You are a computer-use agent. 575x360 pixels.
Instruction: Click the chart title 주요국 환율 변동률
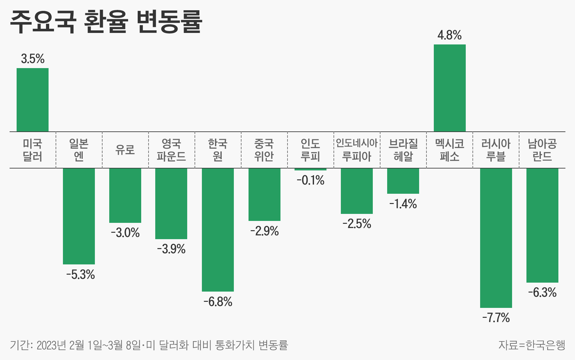[106, 22]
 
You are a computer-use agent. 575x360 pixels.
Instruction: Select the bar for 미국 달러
[33, 100]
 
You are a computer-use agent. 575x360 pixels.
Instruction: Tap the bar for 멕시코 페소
[449, 88]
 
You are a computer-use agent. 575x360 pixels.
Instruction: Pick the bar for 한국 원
[218, 230]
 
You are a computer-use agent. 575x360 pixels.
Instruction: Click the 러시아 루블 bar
[496, 238]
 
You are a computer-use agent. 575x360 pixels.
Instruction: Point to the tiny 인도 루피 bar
[310, 169]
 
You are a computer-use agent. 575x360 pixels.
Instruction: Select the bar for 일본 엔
[79, 216]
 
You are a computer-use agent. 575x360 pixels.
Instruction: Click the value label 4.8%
[449, 35]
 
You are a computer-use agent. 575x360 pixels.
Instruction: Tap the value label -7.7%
[496, 318]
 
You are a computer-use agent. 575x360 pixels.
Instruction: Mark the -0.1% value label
[310, 181]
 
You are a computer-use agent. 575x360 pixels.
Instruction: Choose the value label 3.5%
[33, 59]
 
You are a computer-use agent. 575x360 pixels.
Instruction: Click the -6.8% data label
[218, 301]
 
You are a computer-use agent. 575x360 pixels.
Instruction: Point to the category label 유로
[125, 150]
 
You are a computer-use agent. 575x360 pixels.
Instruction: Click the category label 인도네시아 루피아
[357, 150]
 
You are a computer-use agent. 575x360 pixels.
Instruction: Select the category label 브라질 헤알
[403, 150]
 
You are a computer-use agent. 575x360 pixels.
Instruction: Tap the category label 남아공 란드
[542, 150]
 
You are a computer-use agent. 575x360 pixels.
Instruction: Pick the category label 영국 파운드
[172, 150]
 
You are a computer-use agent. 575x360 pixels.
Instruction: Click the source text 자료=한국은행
[532, 345]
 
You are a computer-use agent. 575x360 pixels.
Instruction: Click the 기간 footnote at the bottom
[149, 345]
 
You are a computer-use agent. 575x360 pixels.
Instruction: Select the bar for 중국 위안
[264, 194]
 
